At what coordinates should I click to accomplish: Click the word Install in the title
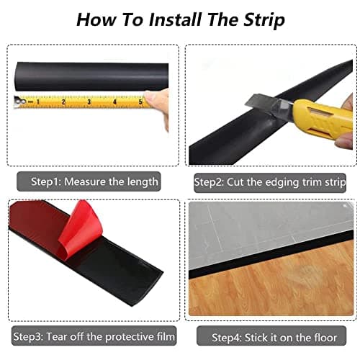(x=175, y=19)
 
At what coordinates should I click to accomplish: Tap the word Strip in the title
(x=264, y=21)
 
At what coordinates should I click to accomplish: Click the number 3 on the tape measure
(x=89, y=102)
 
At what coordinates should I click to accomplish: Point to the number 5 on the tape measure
(x=140, y=102)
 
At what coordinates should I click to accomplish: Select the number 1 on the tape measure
(x=37, y=102)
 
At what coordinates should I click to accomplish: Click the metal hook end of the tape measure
(x=19, y=102)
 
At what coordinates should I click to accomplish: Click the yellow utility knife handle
(x=323, y=118)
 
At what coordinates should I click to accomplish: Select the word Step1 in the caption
(x=46, y=182)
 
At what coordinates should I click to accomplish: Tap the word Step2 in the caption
(x=209, y=182)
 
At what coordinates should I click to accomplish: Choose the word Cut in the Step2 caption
(x=235, y=182)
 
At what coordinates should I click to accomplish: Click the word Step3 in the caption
(x=28, y=336)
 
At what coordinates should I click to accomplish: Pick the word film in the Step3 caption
(x=166, y=336)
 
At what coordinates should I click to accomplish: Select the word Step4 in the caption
(x=227, y=338)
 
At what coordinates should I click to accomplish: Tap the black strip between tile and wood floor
(x=271, y=255)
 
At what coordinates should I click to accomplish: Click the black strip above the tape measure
(x=92, y=76)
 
